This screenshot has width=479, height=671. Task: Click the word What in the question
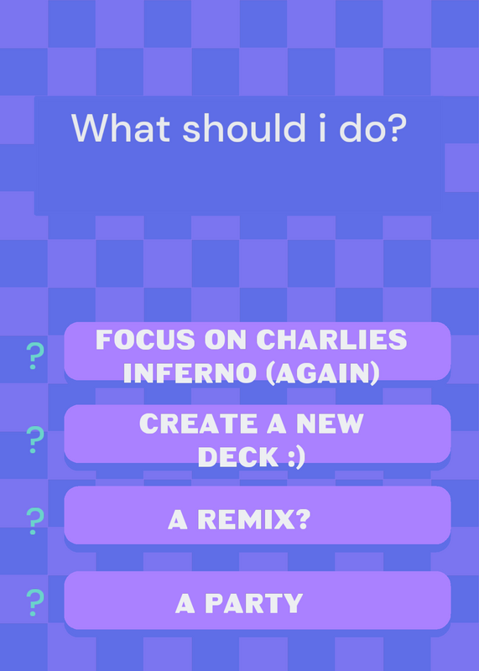[x=121, y=127]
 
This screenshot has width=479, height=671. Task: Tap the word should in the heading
[x=244, y=127]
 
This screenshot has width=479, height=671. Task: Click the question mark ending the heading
[x=393, y=127]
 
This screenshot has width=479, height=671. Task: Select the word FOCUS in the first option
[x=147, y=340]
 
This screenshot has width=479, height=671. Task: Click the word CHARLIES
[x=331, y=340]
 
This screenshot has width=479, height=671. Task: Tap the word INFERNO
[x=190, y=373]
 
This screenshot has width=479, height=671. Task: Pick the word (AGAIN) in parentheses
[x=323, y=373]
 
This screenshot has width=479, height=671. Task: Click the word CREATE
[x=198, y=424]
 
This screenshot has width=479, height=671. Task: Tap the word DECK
[x=238, y=457]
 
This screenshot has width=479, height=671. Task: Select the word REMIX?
[x=254, y=519]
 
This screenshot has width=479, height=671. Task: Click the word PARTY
[x=254, y=603]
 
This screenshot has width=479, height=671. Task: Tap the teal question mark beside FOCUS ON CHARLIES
[x=35, y=356]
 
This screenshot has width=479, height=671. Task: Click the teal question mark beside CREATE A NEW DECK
[x=35, y=440]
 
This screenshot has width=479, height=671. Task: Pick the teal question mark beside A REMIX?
[x=35, y=521]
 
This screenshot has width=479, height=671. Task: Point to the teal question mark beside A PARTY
[x=35, y=602]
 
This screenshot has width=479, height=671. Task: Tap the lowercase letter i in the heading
[x=322, y=127]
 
